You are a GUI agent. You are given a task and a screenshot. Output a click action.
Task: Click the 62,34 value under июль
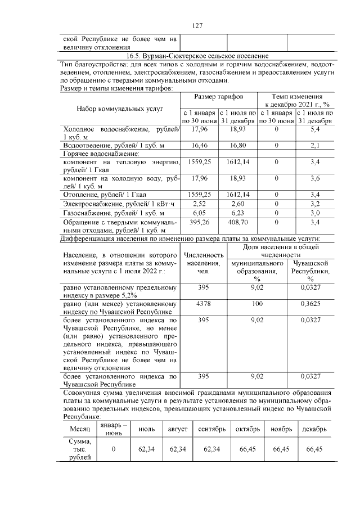[146, 449]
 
